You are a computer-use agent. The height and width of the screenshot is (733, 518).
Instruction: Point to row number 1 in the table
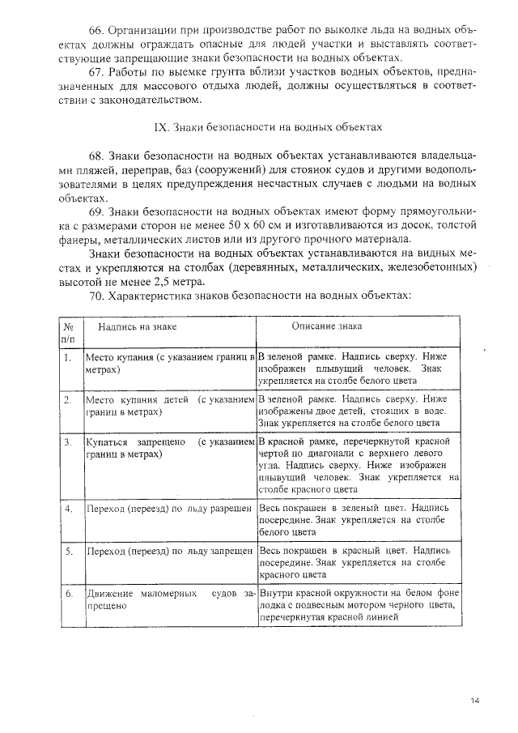point(68,356)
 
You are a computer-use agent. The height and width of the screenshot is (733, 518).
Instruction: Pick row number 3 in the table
point(68,443)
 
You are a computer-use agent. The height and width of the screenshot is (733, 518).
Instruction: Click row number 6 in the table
point(69,594)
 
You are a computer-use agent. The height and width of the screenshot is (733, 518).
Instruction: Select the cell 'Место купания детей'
point(170,406)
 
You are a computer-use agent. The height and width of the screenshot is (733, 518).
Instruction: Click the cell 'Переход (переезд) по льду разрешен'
point(170,508)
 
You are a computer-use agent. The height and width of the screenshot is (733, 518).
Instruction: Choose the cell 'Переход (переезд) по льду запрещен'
point(170,551)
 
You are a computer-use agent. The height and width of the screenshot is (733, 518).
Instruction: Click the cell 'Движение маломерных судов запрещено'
point(170,599)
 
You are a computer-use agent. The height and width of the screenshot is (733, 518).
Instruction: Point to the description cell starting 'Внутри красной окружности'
point(357,605)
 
